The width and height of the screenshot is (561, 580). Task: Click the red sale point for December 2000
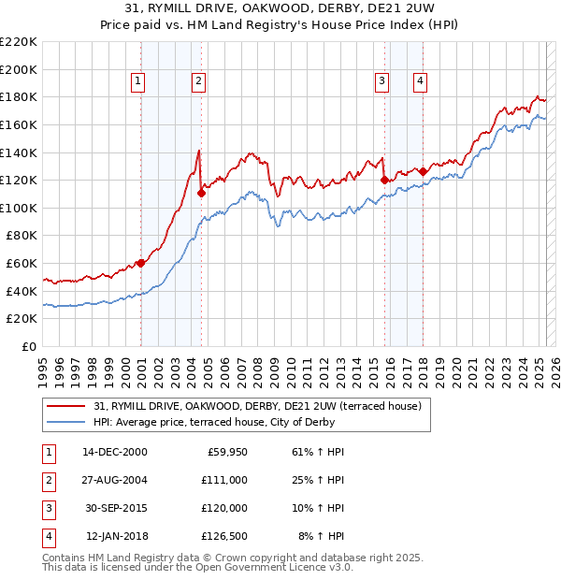pos(141,263)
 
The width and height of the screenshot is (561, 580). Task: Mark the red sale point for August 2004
pos(201,193)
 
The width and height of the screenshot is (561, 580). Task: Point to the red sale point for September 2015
pos(384,180)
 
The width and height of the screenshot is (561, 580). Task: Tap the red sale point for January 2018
pos(423,171)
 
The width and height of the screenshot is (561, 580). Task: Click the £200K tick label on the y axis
pos(19,69)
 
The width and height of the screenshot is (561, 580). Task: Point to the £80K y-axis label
pos(22,236)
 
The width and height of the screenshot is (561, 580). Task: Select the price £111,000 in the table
pos(224,479)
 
